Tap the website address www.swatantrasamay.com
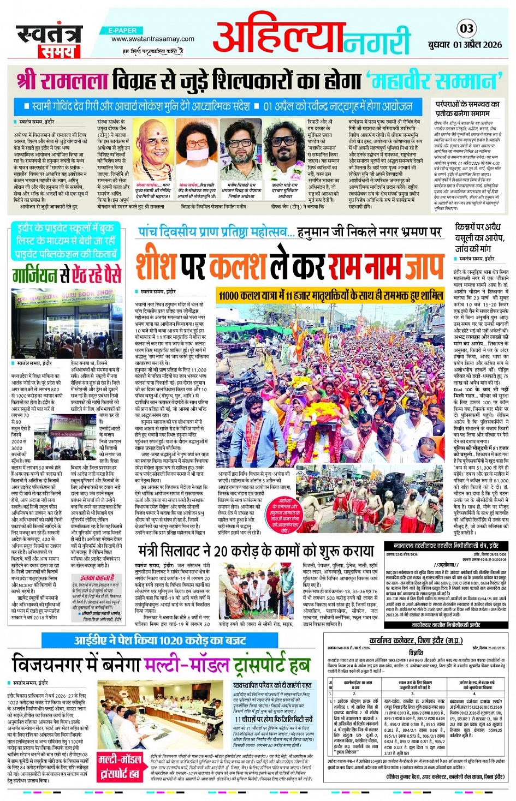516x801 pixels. coord(152,39)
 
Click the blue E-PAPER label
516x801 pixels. coord(123,31)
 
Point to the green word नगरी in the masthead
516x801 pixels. coord(377,41)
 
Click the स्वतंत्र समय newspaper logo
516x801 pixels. coord(49,40)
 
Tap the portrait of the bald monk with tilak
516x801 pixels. coord(155,151)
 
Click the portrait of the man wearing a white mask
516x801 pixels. coord(197,151)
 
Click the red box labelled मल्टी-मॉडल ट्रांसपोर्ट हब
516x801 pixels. coord(120,766)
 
